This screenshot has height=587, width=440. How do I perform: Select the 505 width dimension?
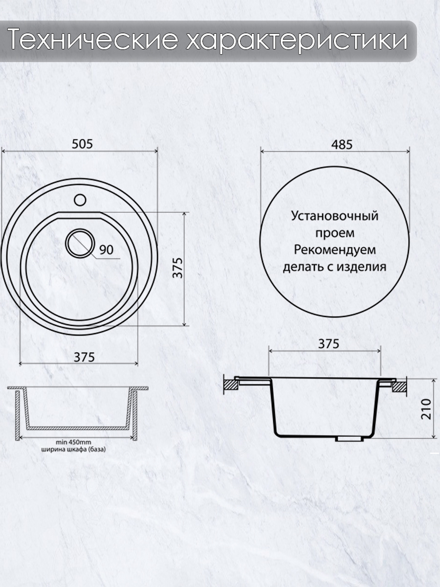tap(82, 144)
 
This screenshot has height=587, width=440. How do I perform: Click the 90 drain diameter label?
tap(106, 249)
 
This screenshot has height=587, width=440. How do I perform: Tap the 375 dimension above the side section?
tap(329, 344)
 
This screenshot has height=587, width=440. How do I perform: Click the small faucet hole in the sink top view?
tap(80, 200)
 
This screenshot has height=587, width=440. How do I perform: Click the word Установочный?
tap(335, 216)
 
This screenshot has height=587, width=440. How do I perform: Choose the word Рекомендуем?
tap(335, 250)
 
